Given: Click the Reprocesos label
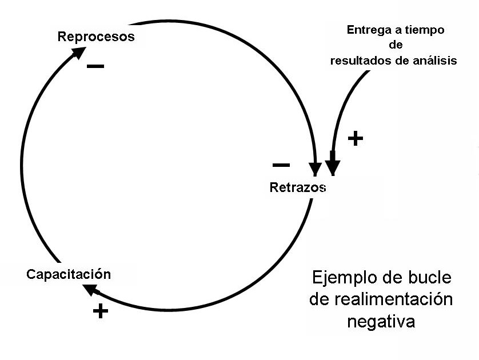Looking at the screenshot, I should [x=96, y=37].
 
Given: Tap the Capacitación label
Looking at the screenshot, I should [x=69, y=274].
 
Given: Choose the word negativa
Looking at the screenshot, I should [x=381, y=321].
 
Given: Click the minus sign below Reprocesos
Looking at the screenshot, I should [x=95, y=66].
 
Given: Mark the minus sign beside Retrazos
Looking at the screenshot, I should [x=281, y=165].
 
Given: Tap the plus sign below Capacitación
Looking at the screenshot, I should [x=100, y=311].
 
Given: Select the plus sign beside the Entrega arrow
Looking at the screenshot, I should [x=356, y=138].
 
